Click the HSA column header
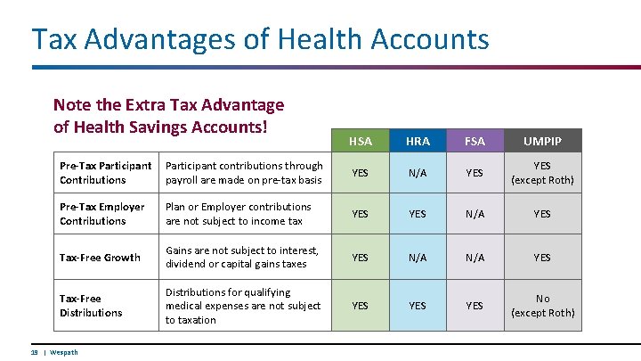point(360,141)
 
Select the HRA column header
point(417,141)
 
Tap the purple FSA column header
point(475,141)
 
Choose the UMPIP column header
point(542,141)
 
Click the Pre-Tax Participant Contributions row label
point(105,172)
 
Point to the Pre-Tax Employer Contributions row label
point(101,214)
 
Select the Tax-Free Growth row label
point(100,258)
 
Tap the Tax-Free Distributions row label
point(91,306)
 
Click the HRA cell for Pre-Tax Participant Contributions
point(417,173)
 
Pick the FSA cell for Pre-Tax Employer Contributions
point(475,214)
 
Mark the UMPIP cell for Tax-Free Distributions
point(542,306)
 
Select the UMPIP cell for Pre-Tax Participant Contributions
point(542,173)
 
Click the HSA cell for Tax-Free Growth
point(360,258)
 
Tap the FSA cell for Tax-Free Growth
point(475,258)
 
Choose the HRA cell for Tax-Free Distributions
point(417,306)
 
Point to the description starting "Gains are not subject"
point(241,258)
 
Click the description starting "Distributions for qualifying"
point(242,306)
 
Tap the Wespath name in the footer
point(64,352)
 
